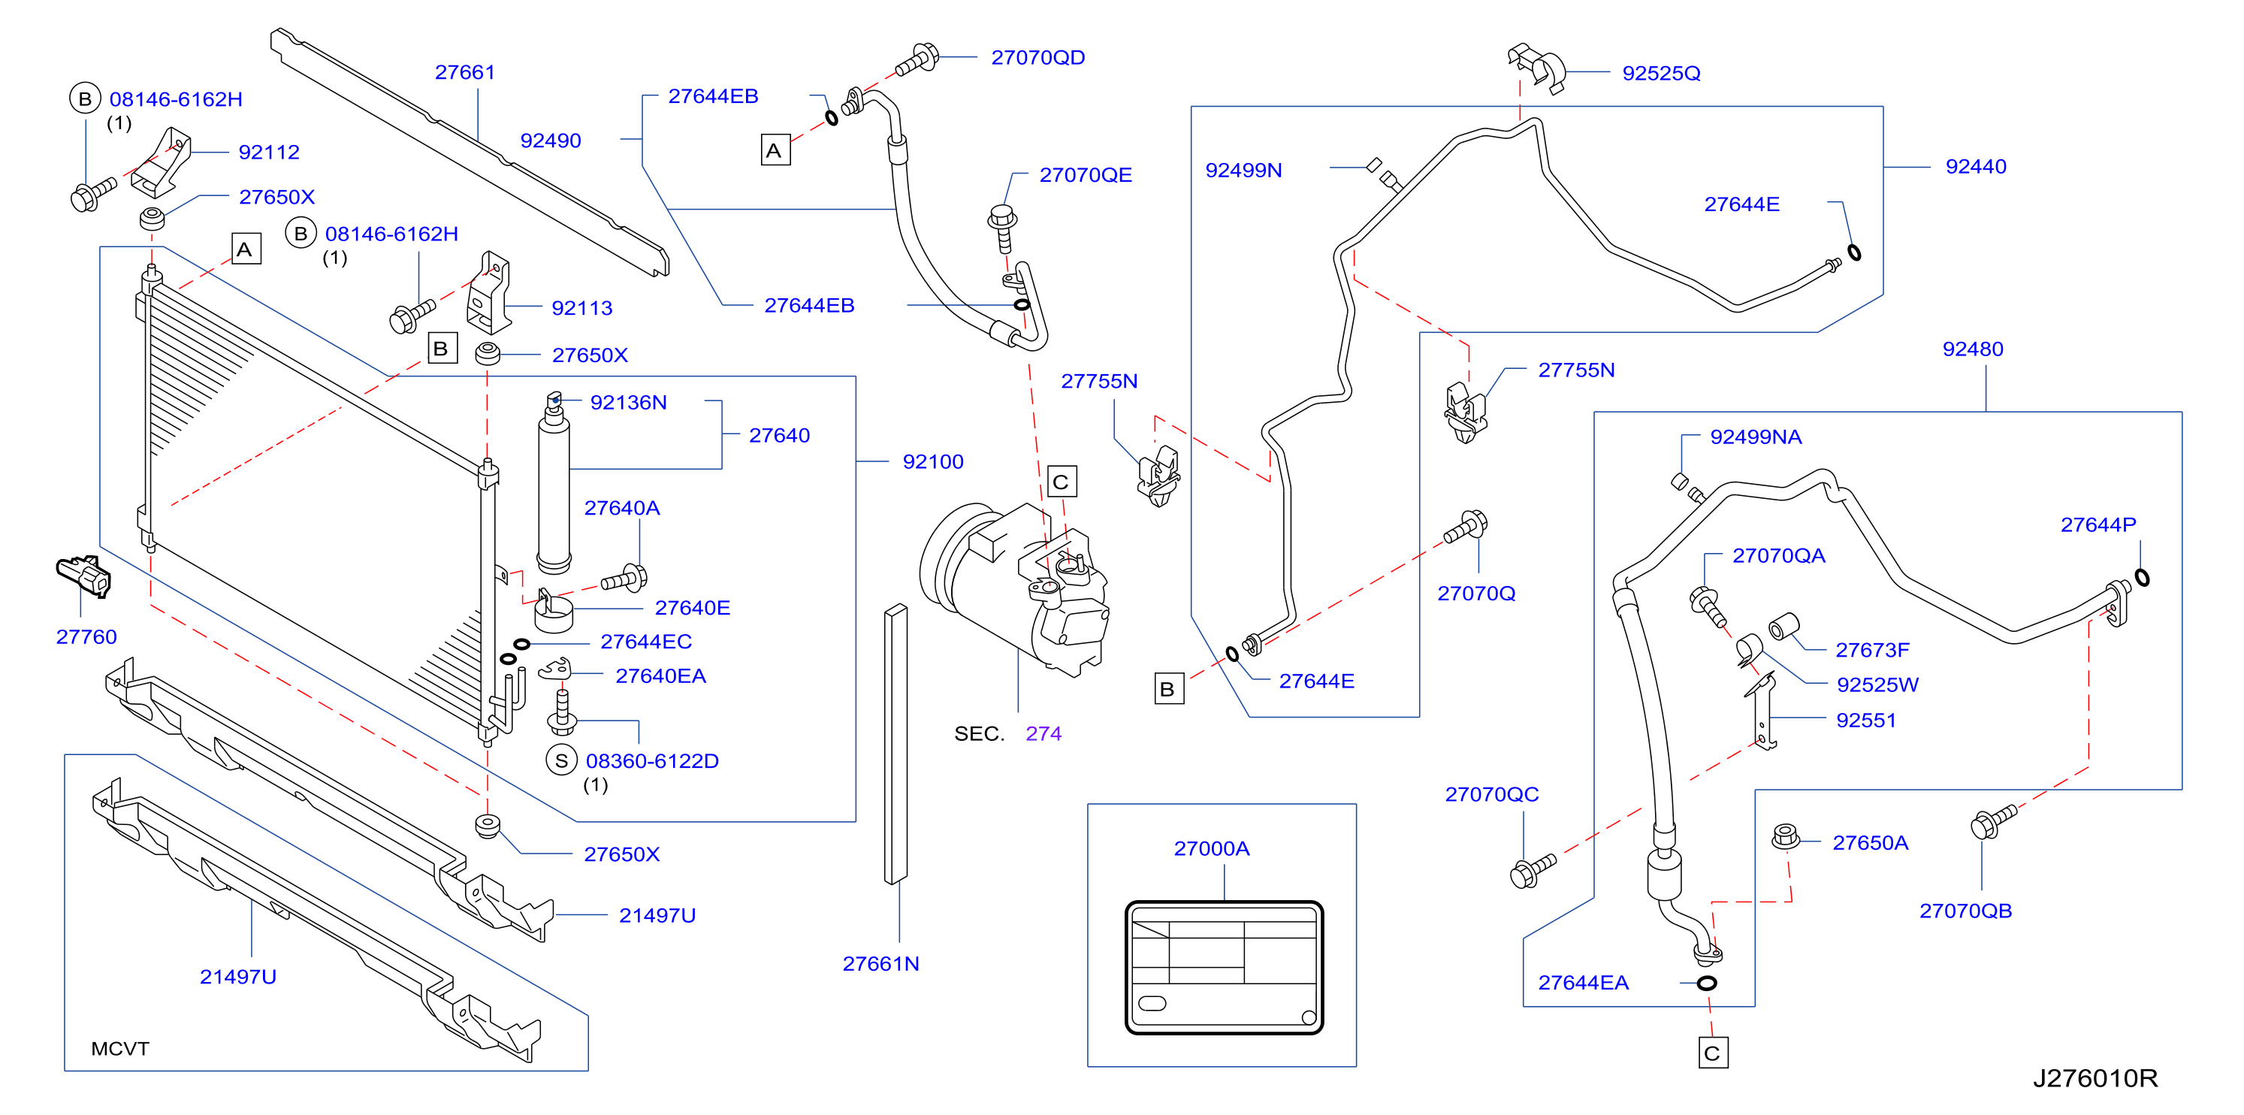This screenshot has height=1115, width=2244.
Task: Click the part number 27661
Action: (465, 72)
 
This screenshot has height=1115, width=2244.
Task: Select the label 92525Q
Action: (1660, 73)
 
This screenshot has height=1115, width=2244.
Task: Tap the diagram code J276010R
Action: (2095, 1078)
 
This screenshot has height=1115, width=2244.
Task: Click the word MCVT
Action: (120, 1049)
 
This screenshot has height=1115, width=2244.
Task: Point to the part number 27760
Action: (86, 637)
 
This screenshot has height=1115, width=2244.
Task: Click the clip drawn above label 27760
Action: (83, 576)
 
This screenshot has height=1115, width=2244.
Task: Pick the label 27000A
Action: (1211, 848)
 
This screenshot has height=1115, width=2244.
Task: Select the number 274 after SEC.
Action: (1043, 733)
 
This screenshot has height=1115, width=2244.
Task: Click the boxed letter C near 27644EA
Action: (1713, 1053)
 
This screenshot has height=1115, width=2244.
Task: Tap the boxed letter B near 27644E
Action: (1167, 689)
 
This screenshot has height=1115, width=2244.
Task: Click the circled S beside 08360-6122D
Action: (561, 760)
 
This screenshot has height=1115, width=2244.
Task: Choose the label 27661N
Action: (880, 963)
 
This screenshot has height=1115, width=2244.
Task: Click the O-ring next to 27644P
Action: (2142, 577)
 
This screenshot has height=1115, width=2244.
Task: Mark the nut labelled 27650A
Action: (1785, 836)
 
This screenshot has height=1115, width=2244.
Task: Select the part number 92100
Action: (933, 461)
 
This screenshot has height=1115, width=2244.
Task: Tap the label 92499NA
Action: (1755, 437)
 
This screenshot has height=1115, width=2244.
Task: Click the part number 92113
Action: (582, 308)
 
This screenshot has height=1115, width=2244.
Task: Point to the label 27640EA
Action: (660, 676)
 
